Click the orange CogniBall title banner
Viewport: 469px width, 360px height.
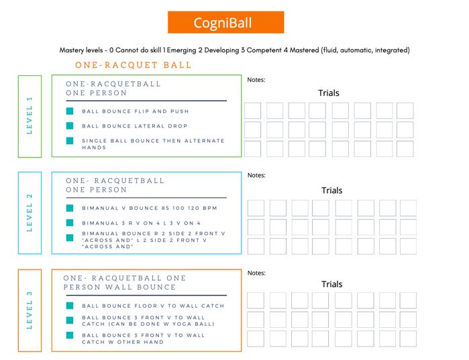(x=225, y=23)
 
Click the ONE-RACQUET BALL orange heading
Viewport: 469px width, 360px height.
(x=134, y=65)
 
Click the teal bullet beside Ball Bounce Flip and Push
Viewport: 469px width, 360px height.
(x=70, y=111)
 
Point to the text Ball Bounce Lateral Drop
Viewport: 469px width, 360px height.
(x=135, y=126)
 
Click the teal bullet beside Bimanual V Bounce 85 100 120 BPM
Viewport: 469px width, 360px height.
(x=70, y=208)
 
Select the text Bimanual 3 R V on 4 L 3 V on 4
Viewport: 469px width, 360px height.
(x=141, y=223)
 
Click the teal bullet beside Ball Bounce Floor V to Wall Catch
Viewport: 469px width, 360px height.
(x=70, y=306)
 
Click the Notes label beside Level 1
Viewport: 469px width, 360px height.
(x=256, y=80)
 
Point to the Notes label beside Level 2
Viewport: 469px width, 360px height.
(x=256, y=176)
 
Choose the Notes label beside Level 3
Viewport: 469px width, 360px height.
(x=256, y=273)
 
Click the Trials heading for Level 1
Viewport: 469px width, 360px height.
(x=328, y=93)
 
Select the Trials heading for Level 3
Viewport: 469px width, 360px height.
(x=331, y=284)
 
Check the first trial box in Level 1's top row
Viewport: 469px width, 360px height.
(x=252, y=111)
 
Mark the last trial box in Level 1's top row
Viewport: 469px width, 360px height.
(x=405, y=111)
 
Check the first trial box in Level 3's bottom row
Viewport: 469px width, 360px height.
(x=256, y=338)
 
